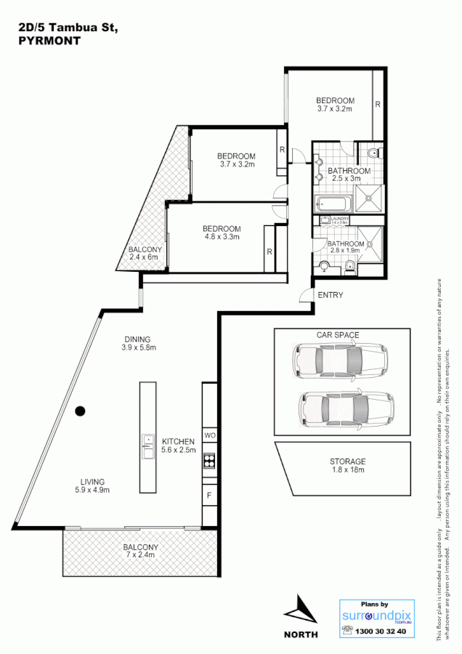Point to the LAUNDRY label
340,219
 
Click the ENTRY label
331,295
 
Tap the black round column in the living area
81,411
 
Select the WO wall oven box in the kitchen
209,435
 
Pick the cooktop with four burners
209,459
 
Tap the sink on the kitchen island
147,440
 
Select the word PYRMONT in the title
49,41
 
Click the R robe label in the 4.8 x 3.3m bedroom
269,252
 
